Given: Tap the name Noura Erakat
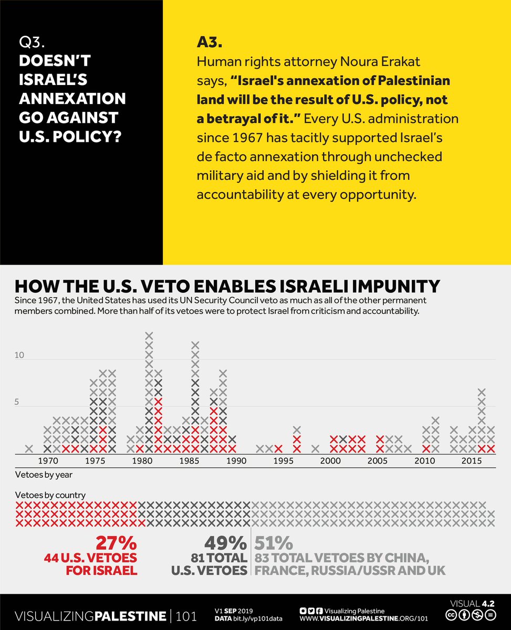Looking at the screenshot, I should coord(380,62).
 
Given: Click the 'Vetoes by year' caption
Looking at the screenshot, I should coord(44,475).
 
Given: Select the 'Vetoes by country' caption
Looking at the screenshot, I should coord(50,495).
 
